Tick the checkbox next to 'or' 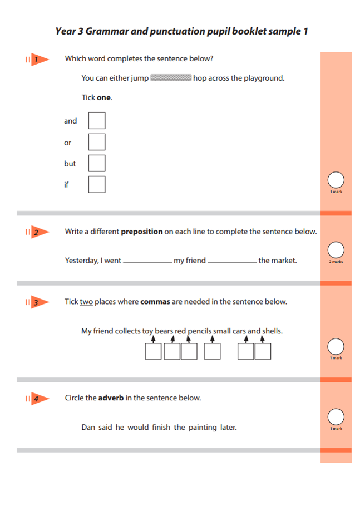tap(97, 142)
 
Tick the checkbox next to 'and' tap(97, 121)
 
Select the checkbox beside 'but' tap(97, 163)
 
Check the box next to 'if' tap(97, 184)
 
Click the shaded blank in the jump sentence tap(171, 78)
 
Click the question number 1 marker tap(37, 59)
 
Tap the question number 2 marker tap(37, 232)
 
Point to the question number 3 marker tap(37, 302)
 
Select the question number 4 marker tap(37, 399)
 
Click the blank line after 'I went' tap(147, 261)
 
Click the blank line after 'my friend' tap(232, 261)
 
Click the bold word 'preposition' tap(142, 232)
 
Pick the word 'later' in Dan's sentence tap(228, 428)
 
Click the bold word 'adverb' tap(111, 398)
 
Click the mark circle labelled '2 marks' tap(336, 250)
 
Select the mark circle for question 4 tap(336, 416)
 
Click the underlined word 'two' tap(86, 302)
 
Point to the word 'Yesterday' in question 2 tap(82, 261)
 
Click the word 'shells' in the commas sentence tap(272, 331)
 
